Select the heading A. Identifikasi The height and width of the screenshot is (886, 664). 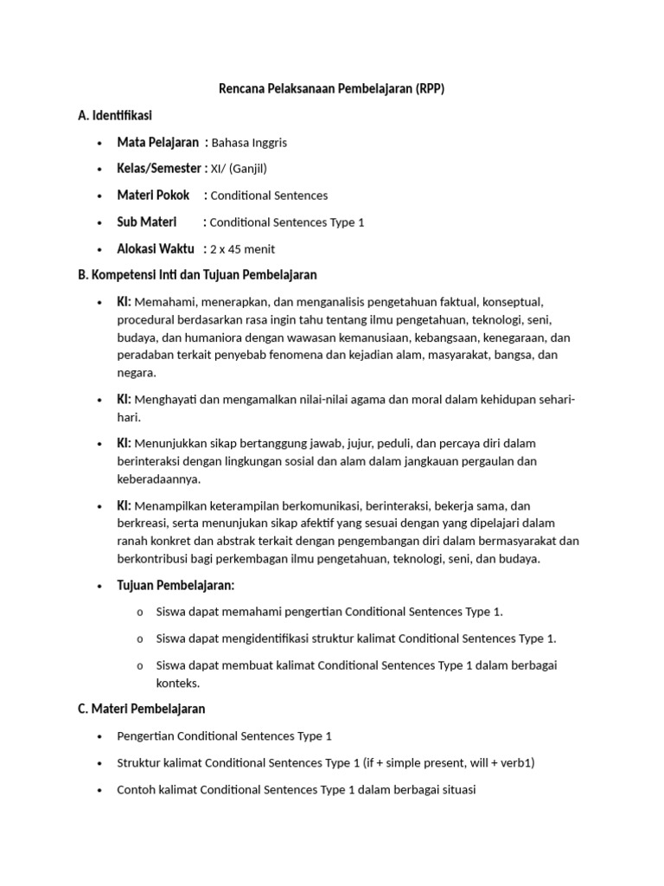pos(115,115)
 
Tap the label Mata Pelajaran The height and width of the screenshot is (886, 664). pos(157,142)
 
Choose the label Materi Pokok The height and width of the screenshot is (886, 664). pos(153,196)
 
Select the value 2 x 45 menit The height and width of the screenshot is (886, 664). pos(242,249)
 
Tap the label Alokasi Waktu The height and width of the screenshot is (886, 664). pos(156,249)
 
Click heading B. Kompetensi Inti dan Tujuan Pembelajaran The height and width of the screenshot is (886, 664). pos(197,275)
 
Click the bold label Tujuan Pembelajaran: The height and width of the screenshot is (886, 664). pos(176,586)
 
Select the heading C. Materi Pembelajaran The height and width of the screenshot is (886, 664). pos(141,709)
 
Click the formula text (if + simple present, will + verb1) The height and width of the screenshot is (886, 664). pos(450,763)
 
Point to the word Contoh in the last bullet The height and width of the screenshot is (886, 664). pos(136,790)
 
